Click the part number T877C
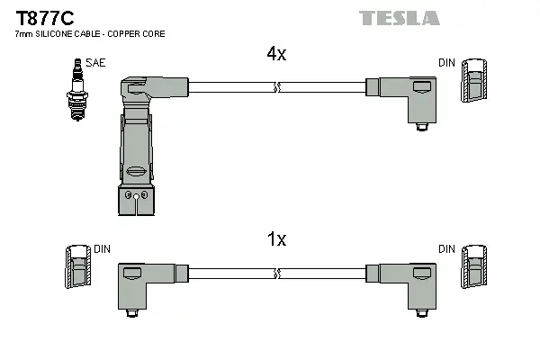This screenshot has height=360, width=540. point(39,17)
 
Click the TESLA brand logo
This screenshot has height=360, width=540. point(400,18)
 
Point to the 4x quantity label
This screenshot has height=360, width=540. point(276,54)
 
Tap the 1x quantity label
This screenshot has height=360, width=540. point(276,239)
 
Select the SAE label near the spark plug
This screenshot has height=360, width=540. point(94,62)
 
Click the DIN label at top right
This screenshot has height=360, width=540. point(446,62)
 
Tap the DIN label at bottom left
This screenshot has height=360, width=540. point(102,249)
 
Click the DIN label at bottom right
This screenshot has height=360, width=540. point(446,249)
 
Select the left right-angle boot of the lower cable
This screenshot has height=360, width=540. point(144,283)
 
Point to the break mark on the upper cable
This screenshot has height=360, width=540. point(276,87)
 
